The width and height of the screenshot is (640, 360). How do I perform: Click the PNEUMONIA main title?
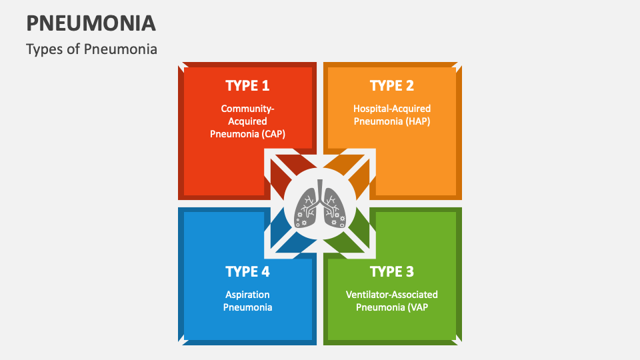(x=91, y=23)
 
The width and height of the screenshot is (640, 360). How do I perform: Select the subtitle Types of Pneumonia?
(x=92, y=49)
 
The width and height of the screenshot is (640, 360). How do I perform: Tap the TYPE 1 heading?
(x=247, y=85)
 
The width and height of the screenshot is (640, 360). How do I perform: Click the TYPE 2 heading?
(x=392, y=85)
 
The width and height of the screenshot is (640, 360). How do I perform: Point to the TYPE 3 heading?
(x=392, y=271)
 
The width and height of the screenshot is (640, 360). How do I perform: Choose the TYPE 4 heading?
(x=247, y=271)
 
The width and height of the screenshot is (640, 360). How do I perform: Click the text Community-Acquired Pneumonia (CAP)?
(x=247, y=121)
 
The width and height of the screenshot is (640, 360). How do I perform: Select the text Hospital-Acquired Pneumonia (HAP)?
(x=392, y=115)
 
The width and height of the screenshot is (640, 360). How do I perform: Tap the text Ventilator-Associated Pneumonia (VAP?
(x=392, y=301)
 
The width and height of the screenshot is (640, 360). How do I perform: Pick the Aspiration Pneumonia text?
(x=247, y=301)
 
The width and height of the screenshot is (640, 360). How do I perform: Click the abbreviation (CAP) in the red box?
(x=273, y=133)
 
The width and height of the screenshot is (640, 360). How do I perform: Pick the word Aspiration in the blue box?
(x=247, y=294)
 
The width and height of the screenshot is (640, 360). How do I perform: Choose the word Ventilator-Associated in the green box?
(x=392, y=294)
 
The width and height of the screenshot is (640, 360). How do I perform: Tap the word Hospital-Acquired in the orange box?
(x=392, y=108)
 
